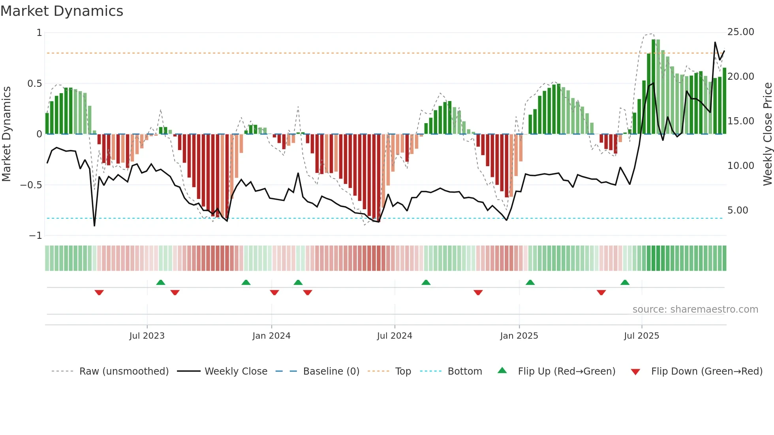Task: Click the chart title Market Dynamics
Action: pos(62,11)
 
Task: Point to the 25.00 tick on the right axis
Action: pos(740,32)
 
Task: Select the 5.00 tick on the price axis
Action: pos(738,210)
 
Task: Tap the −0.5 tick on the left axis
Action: pos(31,185)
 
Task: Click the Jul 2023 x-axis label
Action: pos(147,336)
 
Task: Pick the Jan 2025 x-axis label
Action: pos(519,336)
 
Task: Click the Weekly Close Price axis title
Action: pos(767,134)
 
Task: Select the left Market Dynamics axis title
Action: pos(6,134)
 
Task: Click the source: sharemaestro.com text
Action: pos(695,309)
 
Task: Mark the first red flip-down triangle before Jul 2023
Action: pos(99,292)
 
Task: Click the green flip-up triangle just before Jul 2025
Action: pos(625,282)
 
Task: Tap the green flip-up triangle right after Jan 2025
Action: pos(530,282)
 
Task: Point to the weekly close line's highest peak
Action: pos(715,43)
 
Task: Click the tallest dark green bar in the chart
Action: pos(654,87)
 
